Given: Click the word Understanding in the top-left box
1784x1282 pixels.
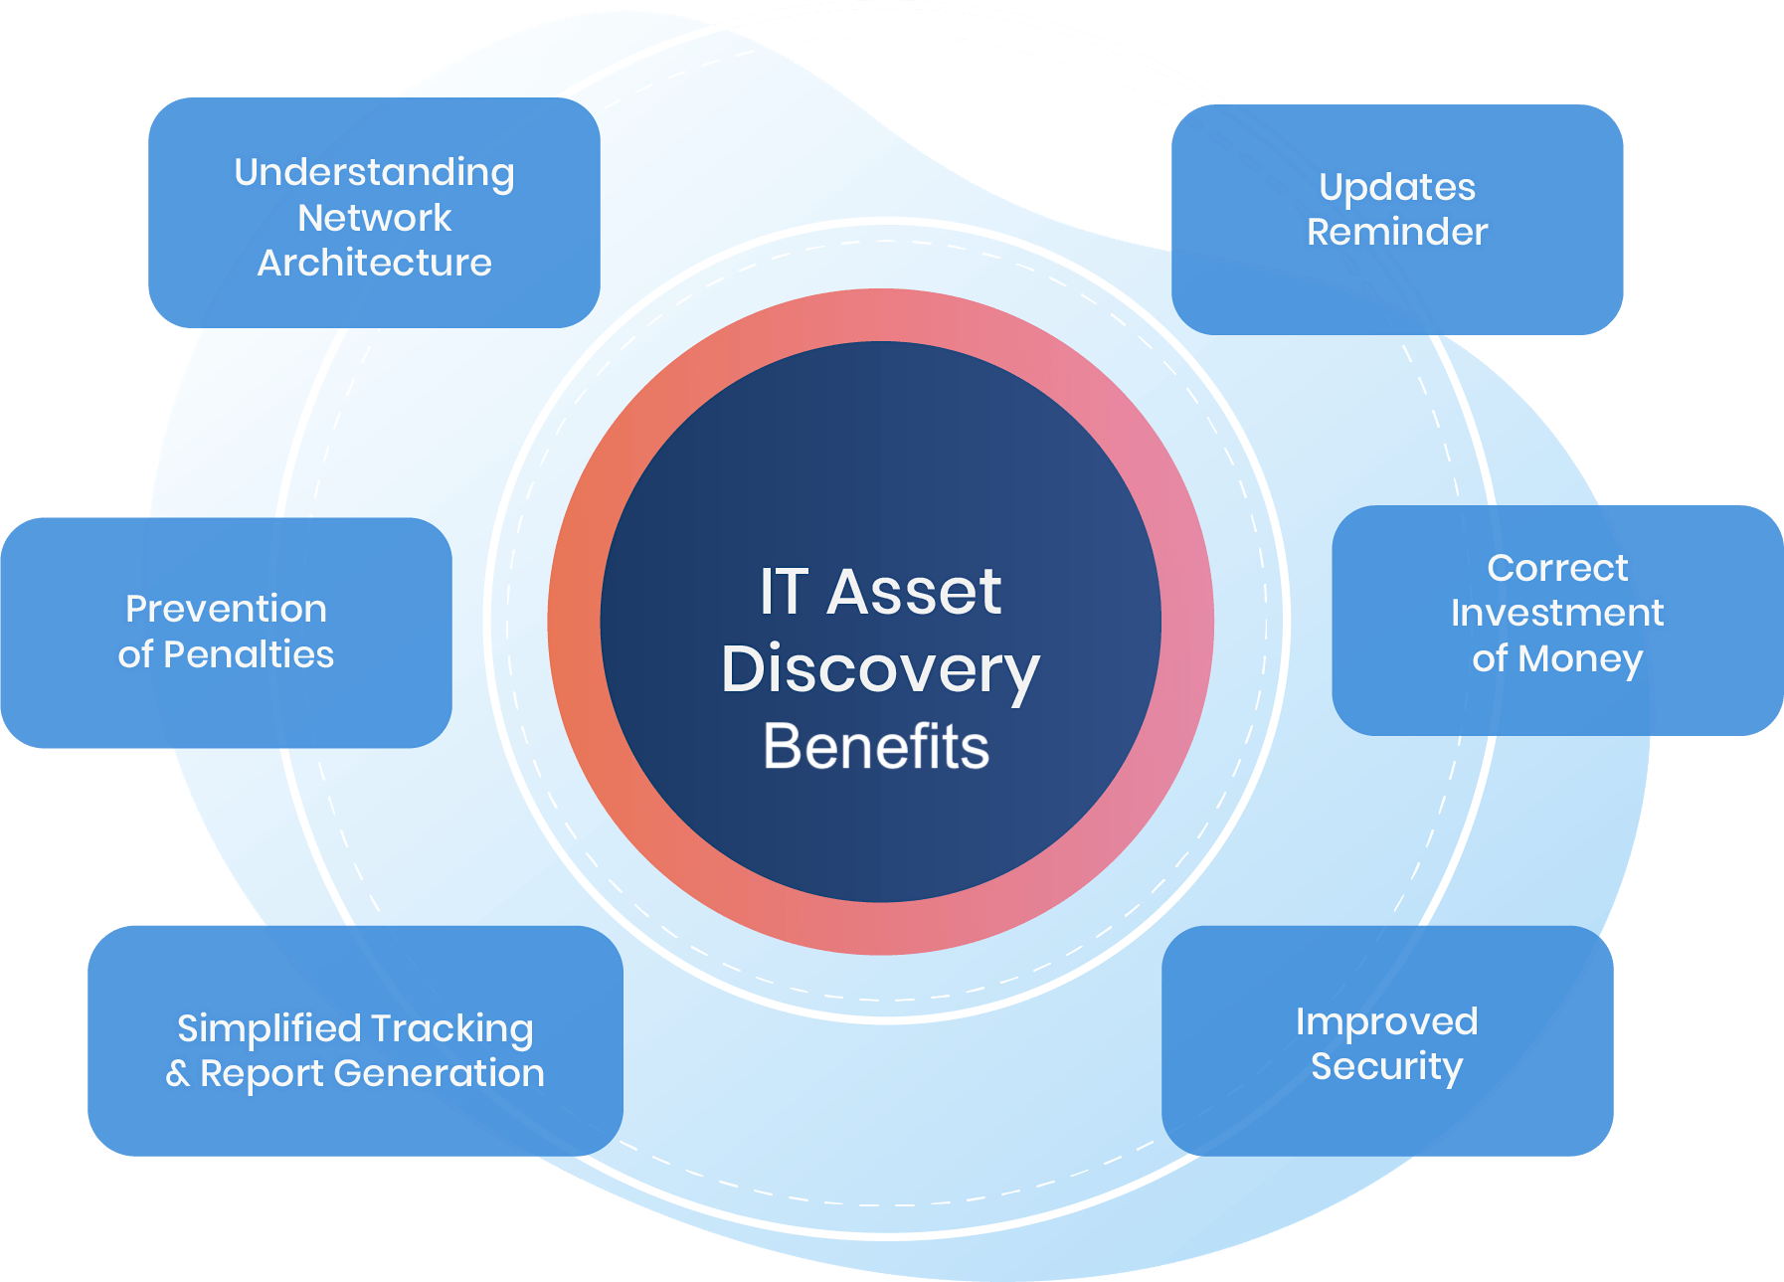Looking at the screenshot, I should click(x=374, y=173).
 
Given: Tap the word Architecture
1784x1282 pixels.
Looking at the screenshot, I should click(x=374, y=263).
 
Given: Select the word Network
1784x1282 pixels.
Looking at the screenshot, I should click(x=374, y=218).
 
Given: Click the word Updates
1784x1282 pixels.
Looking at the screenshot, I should click(x=1396, y=188).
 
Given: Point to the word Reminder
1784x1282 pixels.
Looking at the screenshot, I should click(x=1396, y=232).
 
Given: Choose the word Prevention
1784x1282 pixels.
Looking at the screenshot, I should click(x=226, y=609).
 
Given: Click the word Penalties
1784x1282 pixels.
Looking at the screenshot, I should click(x=249, y=654).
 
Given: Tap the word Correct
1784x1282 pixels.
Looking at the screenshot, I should click(x=1557, y=568).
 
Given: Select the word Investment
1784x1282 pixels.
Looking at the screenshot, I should click(x=1557, y=613).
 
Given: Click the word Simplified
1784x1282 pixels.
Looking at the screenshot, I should click(x=269, y=1028).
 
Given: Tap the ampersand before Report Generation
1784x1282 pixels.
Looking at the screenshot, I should click(x=177, y=1074).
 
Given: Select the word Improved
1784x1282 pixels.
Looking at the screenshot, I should click(x=1386, y=1021).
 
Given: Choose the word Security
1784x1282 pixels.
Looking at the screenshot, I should click(x=1386, y=1066).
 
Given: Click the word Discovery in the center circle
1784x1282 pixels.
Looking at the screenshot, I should click(x=880, y=669).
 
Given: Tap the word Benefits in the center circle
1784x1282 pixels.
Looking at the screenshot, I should click(x=876, y=746).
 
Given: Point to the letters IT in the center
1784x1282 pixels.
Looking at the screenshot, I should click(x=783, y=592).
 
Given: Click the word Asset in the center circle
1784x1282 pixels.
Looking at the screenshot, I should click(x=914, y=592).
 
